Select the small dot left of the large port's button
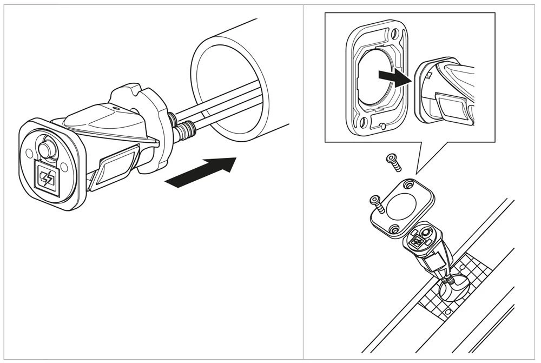pos(29,152)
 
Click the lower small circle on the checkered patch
pos(447,313)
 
